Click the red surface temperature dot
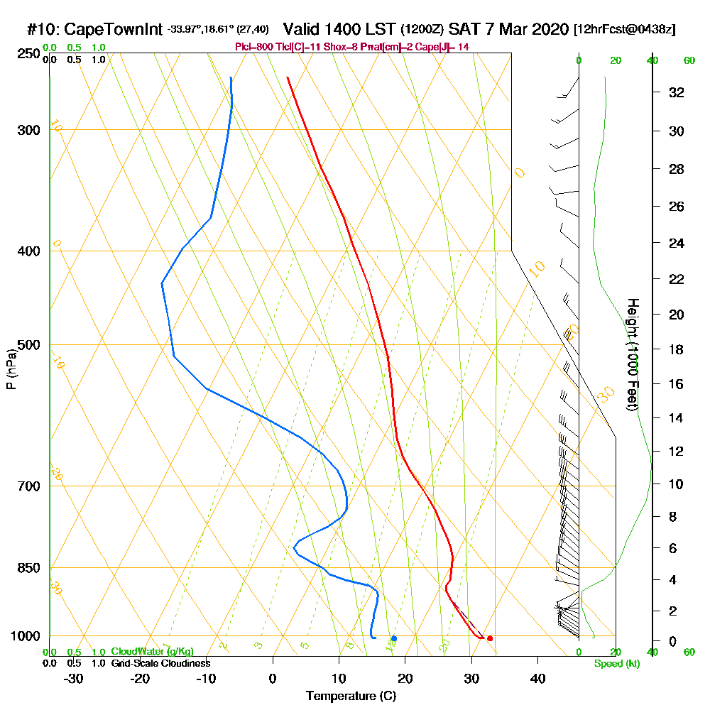pos(489,638)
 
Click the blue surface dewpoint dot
pos(394,638)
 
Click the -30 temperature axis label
pos(74,678)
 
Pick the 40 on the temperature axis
pos(537,678)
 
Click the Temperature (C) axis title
pos(351,697)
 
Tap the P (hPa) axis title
pos(11,369)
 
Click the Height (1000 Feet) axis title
pos(631,354)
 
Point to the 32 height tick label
pos(677,92)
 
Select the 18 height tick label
pos(677,349)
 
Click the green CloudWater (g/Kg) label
pos(152,651)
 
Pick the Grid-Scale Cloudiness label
pos(160,663)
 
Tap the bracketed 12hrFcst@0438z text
pos(625,30)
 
